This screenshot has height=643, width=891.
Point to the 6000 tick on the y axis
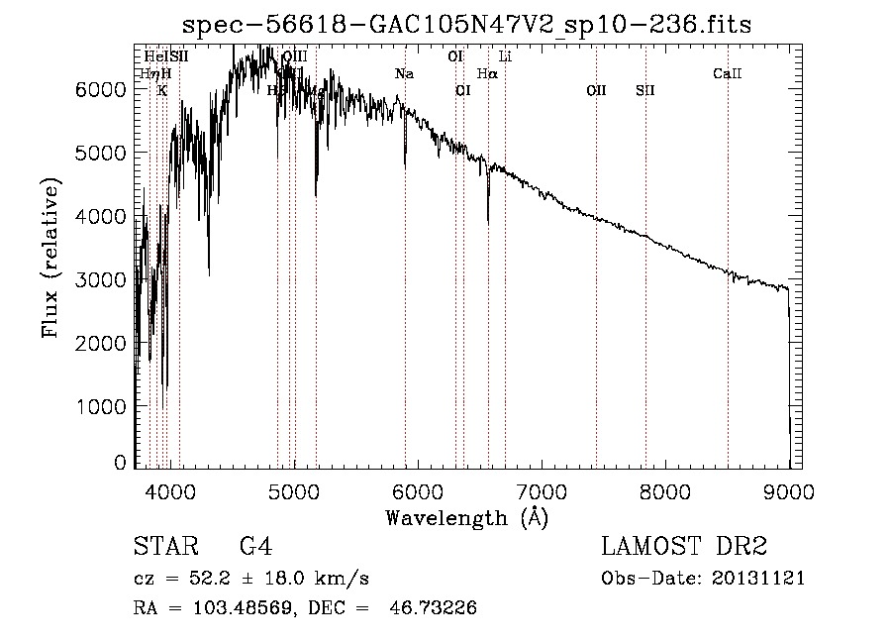pyautogui.click(x=100, y=89)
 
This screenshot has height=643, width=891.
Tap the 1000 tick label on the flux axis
pyautogui.click(x=100, y=406)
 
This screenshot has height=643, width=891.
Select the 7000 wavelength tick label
pyautogui.click(x=542, y=490)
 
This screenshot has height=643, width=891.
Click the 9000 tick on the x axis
pyautogui.click(x=790, y=490)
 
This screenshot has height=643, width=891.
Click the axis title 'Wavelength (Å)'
pyautogui.click(x=466, y=517)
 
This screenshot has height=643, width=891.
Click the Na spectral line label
pyautogui.click(x=404, y=74)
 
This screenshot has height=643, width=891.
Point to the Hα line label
pyautogui.click(x=487, y=74)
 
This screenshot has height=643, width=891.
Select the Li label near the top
pyautogui.click(x=505, y=57)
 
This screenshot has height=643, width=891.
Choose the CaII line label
pyautogui.click(x=728, y=74)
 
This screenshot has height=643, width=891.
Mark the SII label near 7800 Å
pyautogui.click(x=645, y=91)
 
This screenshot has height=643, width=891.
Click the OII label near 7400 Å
pyautogui.click(x=596, y=91)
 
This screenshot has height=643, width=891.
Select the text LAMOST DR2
pyautogui.click(x=684, y=547)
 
